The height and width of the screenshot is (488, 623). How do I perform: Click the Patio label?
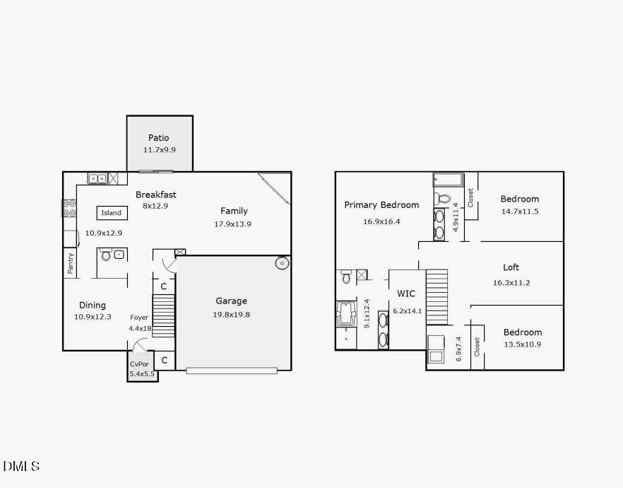pos(158,138)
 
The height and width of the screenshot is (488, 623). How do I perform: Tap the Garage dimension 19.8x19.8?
pos(232,314)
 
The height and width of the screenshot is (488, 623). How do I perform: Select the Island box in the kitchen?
pos(112,213)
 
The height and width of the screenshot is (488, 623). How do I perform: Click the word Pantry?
pos(71,264)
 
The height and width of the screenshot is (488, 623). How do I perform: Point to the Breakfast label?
pos(156,194)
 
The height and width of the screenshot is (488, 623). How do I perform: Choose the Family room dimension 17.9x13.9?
pos(233,224)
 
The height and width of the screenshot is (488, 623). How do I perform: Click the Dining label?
pos(93,305)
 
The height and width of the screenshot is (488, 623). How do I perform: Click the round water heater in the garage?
pos(282,264)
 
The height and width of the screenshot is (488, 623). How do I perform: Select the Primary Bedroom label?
pos(381,205)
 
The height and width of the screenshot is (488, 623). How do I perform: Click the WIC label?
pos(406,294)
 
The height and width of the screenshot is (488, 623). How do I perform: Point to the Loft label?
pos(511,267)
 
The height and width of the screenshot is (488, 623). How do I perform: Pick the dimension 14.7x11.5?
pos(519,211)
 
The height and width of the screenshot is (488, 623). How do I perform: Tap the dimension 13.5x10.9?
pos(522,344)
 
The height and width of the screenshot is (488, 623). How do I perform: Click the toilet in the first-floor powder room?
pos(106,254)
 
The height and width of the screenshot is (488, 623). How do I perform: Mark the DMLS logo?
pos(21,466)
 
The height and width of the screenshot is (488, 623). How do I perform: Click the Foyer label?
pos(139,318)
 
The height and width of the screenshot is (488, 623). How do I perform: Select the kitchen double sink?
pos(97,178)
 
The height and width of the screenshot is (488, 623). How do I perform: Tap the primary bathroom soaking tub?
pos(346,313)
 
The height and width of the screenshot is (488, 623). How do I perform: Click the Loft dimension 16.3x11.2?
pos(511,282)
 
